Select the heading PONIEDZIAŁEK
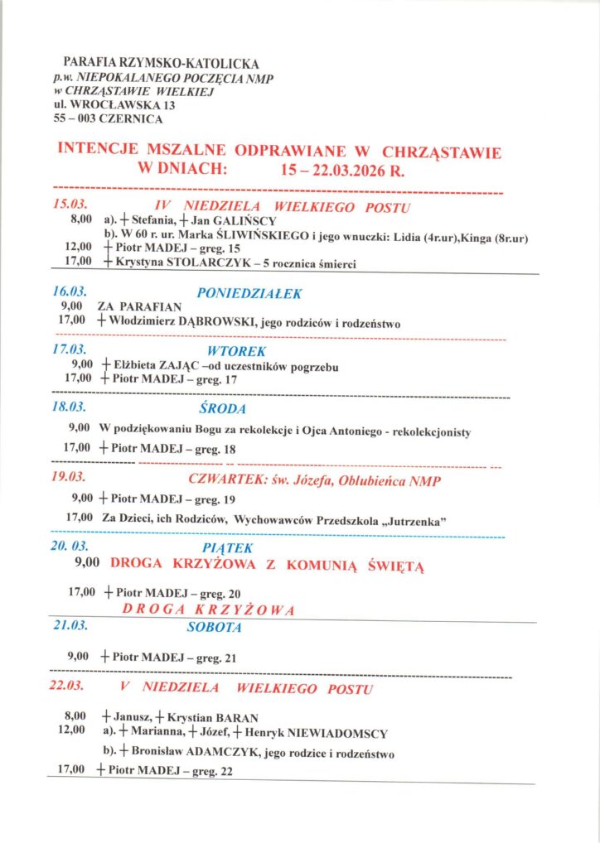(x=249, y=293)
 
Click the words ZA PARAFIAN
(x=139, y=307)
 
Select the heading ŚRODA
(x=223, y=408)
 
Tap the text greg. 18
(x=215, y=448)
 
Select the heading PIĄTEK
(x=227, y=547)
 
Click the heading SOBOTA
(x=214, y=627)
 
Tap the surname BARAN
(x=236, y=718)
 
